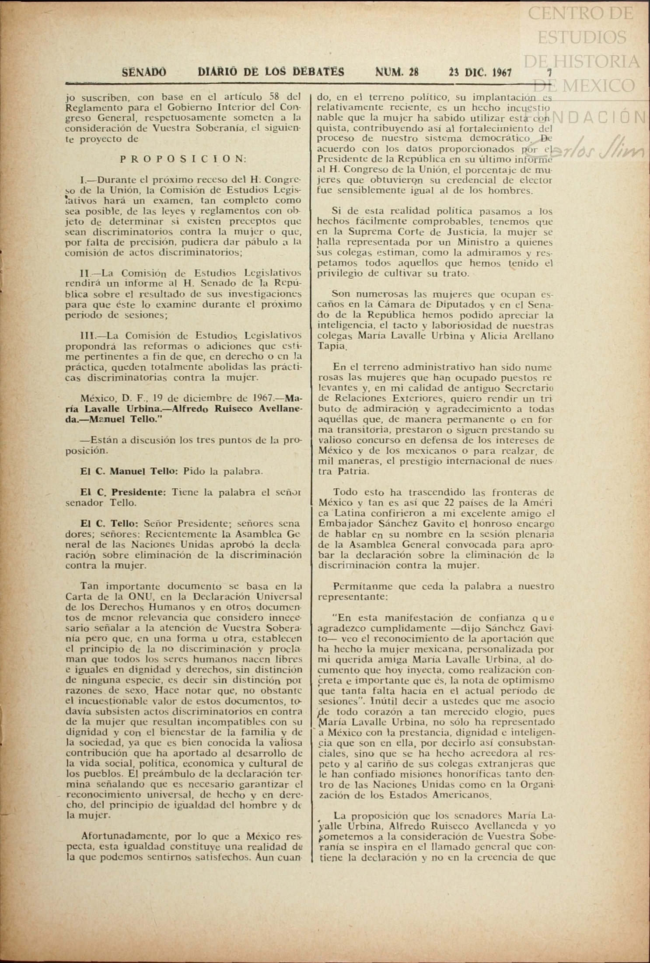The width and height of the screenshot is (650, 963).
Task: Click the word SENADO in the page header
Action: pos(144,72)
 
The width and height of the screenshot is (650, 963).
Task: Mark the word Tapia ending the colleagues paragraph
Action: pos(331,347)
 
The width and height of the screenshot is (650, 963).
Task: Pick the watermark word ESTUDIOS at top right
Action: pos(581,38)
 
